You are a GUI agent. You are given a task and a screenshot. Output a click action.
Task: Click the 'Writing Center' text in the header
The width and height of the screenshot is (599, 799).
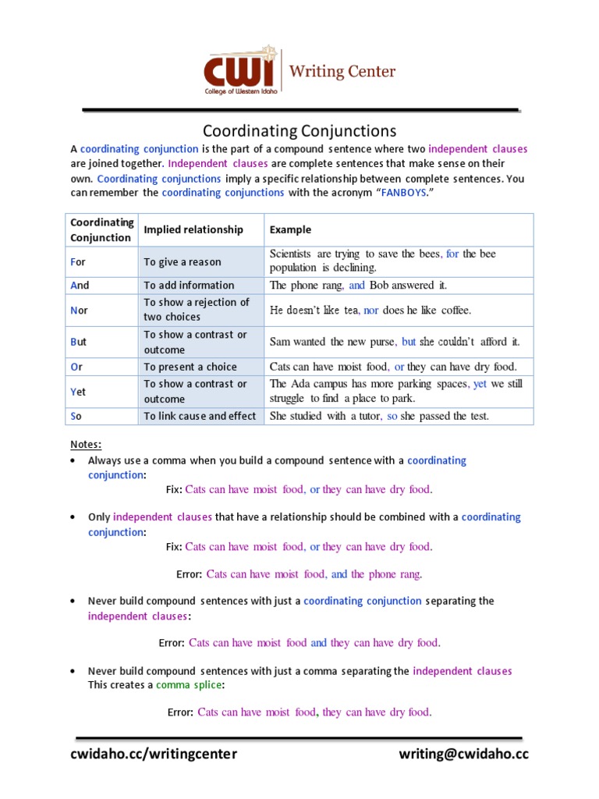pyautogui.click(x=342, y=72)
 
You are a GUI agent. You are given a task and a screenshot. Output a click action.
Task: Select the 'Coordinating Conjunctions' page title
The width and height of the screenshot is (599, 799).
pyautogui.click(x=299, y=130)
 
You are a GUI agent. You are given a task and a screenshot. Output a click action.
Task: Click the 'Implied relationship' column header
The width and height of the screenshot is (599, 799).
pyautogui.click(x=193, y=229)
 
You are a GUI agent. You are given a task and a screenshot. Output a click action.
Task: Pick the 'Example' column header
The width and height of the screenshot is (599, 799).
pyautogui.click(x=290, y=229)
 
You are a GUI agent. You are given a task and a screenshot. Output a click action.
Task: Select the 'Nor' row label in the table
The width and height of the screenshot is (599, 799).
pyautogui.click(x=79, y=310)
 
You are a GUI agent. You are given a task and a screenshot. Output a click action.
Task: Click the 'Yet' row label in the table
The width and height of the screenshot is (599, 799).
pyautogui.click(x=78, y=391)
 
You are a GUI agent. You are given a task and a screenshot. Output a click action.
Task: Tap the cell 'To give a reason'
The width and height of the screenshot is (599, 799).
pyautogui.click(x=183, y=262)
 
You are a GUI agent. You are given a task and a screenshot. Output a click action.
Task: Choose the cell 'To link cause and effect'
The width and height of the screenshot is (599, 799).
pyautogui.click(x=200, y=416)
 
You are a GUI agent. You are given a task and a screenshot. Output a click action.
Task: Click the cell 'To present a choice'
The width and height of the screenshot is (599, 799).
pyautogui.click(x=190, y=367)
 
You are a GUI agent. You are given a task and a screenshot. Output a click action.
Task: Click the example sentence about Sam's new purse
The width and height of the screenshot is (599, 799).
pyautogui.click(x=394, y=342)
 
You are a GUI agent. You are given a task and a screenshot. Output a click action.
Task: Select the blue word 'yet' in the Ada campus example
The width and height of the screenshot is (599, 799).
pyautogui.click(x=480, y=384)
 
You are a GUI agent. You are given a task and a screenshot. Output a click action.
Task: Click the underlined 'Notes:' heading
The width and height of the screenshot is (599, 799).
pyautogui.click(x=86, y=444)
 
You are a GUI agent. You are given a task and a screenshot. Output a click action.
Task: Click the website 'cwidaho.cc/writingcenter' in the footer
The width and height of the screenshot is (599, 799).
pyautogui.click(x=154, y=754)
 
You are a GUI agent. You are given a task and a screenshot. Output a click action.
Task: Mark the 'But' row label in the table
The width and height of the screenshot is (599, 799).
pyautogui.click(x=78, y=342)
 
